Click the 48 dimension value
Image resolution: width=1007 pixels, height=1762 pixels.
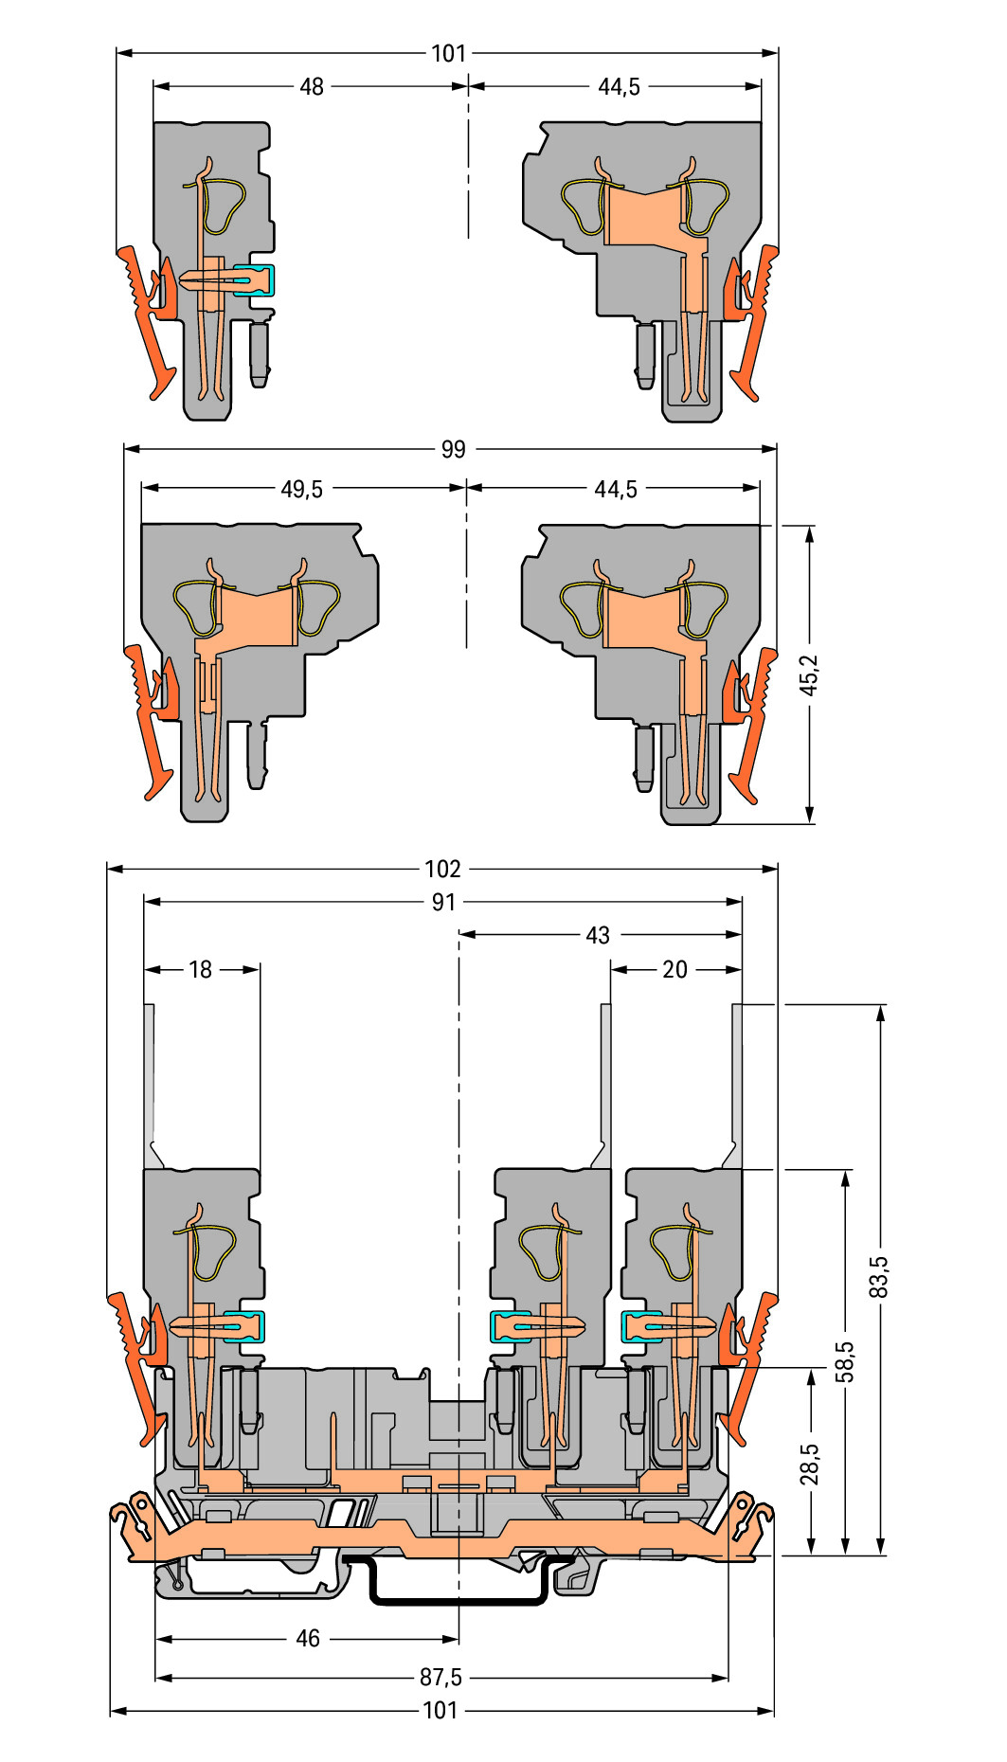312,87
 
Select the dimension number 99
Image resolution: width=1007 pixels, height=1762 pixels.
453,449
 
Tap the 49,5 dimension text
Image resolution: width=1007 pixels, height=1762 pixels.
301,490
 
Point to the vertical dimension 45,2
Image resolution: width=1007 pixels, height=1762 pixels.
809,674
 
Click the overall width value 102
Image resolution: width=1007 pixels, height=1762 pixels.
442,869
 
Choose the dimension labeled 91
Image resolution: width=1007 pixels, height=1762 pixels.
443,903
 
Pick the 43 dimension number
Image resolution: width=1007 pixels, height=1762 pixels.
598,936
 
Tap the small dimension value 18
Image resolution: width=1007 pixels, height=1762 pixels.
201,970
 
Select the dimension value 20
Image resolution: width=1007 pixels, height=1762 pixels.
674,970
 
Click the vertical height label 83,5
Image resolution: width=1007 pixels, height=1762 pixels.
879,1276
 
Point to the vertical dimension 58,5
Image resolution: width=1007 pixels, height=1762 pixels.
844,1361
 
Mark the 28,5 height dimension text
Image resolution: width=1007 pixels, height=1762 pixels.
809,1464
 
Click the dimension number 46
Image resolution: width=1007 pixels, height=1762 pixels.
308,1639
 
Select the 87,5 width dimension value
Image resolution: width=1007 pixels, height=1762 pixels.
441,1678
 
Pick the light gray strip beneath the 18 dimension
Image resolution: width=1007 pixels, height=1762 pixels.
150,1080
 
